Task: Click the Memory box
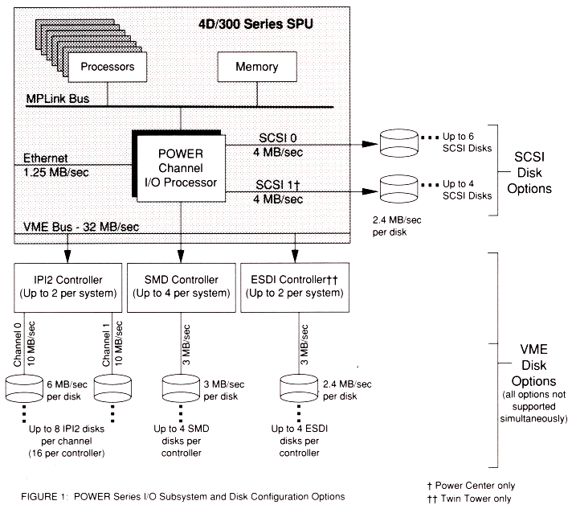[256, 67]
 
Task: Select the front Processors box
[107, 67]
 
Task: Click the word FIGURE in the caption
[39, 497]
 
